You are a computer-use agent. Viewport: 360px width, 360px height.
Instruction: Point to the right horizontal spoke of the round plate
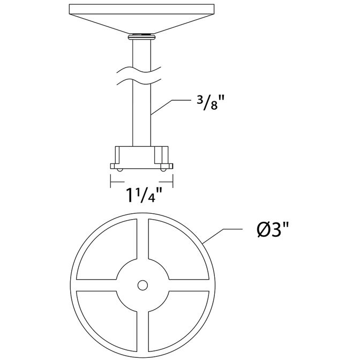[189, 285]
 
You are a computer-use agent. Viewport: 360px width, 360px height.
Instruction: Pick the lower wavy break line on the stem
[142, 81]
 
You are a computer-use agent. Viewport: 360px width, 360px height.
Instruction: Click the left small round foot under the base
[120, 169]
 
